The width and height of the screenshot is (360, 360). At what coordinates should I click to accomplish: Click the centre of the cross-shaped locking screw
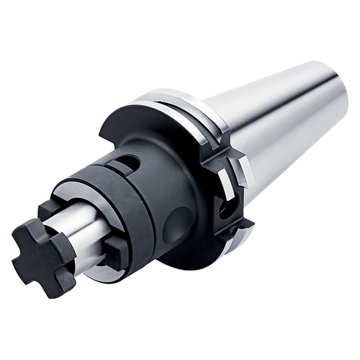point(45,253)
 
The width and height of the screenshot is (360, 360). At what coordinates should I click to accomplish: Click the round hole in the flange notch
point(228,209)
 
